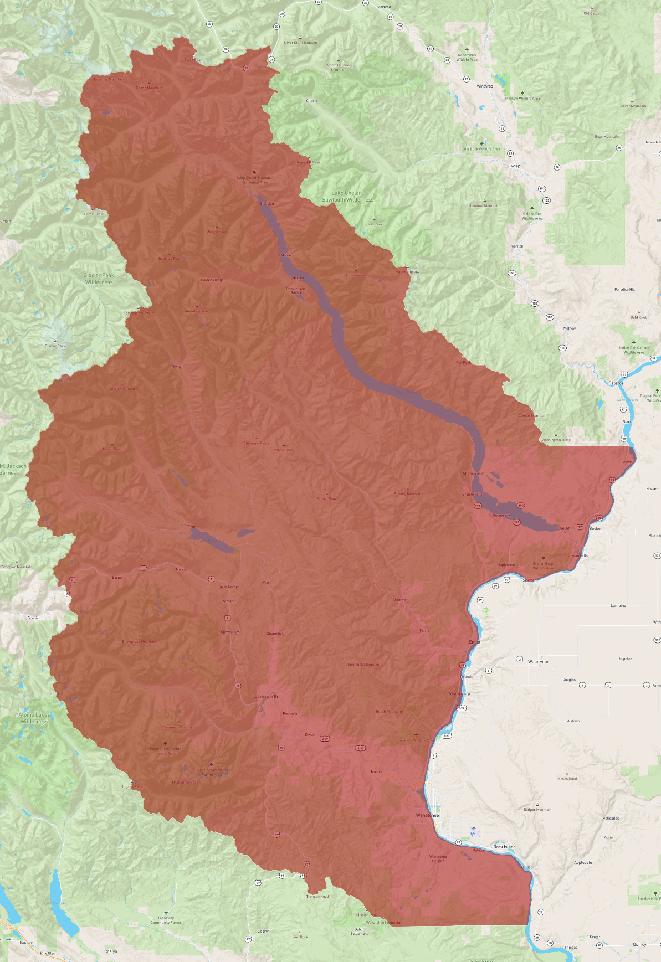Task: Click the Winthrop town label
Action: tap(485, 86)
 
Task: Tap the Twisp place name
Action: tap(515, 166)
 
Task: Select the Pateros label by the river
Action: tap(616, 383)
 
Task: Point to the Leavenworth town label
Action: tap(265, 696)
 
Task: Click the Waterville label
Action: tap(538, 661)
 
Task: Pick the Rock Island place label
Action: tap(504, 847)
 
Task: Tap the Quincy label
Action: tap(639, 944)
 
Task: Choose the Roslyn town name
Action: tap(111, 951)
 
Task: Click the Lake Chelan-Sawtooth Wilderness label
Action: tap(348, 197)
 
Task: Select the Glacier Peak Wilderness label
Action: tap(99, 279)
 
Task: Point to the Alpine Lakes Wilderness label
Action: tap(34, 718)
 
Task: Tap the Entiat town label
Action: tap(475, 642)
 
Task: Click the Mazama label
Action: tap(384, 7)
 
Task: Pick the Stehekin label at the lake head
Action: tap(267, 204)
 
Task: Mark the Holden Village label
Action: tap(212, 280)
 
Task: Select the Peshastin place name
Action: tap(290, 713)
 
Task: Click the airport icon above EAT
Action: tap(474, 829)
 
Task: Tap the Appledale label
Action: tap(583, 862)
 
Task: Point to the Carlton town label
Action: tap(517, 246)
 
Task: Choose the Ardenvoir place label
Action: tap(400, 600)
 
